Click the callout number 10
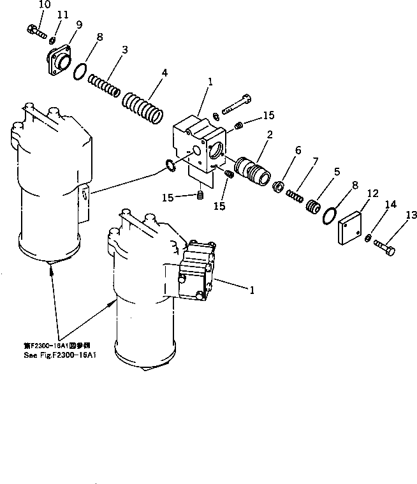[44, 4]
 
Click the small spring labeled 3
[104, 85]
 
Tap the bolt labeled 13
[386, 247]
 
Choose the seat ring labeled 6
[279, 187]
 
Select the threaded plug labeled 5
[312, 207]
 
